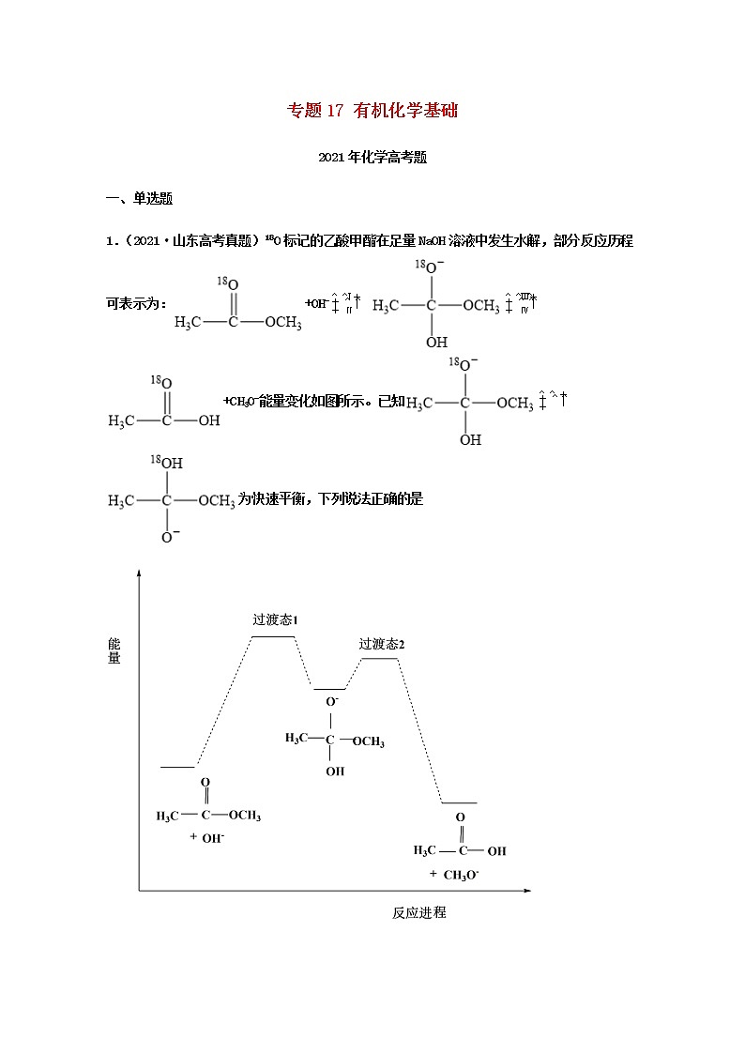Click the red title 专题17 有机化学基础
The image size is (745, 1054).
[x=372, y=111]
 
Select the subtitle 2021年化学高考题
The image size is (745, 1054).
[x=372, y=159]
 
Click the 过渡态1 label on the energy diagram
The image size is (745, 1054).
[x=275, y=620]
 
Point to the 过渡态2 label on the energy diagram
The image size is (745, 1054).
[x=381, y=644]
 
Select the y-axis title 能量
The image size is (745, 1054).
[x=114, y=650]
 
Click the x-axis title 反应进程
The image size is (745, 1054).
[x=418, y=912]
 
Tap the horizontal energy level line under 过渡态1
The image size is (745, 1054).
[x=273, y=636]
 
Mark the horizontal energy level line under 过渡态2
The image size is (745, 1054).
[x=380, y=659]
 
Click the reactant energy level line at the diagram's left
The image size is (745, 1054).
[x=177, y=767]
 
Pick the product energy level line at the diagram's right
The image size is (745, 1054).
[x=459, y=803]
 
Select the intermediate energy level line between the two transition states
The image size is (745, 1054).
[x=329, y=689]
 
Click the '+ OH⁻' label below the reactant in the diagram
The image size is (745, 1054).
[x=207, y=837]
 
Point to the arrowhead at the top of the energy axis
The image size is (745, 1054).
[x=139, y=573]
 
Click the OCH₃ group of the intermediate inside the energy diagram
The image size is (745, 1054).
[x=369, y=741]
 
